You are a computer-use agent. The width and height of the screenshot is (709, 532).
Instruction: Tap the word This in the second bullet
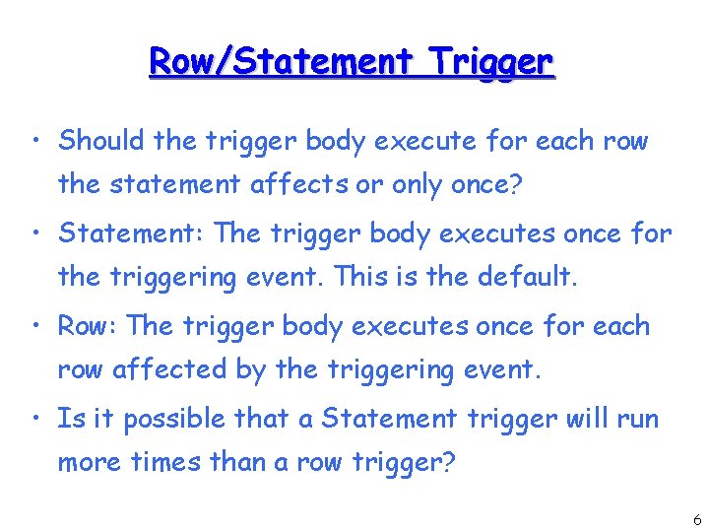[x=361, y=277]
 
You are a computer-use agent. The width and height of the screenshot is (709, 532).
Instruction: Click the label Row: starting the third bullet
[x=89, y=326]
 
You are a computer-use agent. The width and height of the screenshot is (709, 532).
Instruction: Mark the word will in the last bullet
[x=588, y=419]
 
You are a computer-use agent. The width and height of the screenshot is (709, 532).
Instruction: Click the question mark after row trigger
[x=449, y=462]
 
